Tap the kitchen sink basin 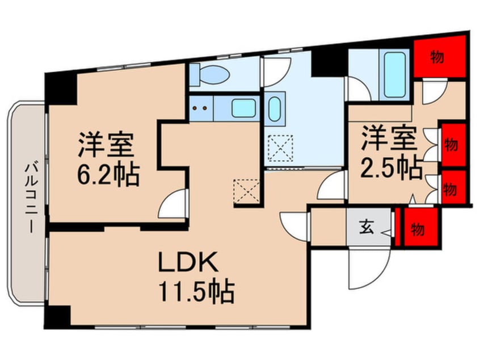(x=243, y=107)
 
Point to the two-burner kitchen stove (x=200, y=106)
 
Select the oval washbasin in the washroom (x=275, y=108)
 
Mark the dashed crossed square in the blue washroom (x=280, y=147)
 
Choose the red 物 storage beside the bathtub (x=438, y=57)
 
